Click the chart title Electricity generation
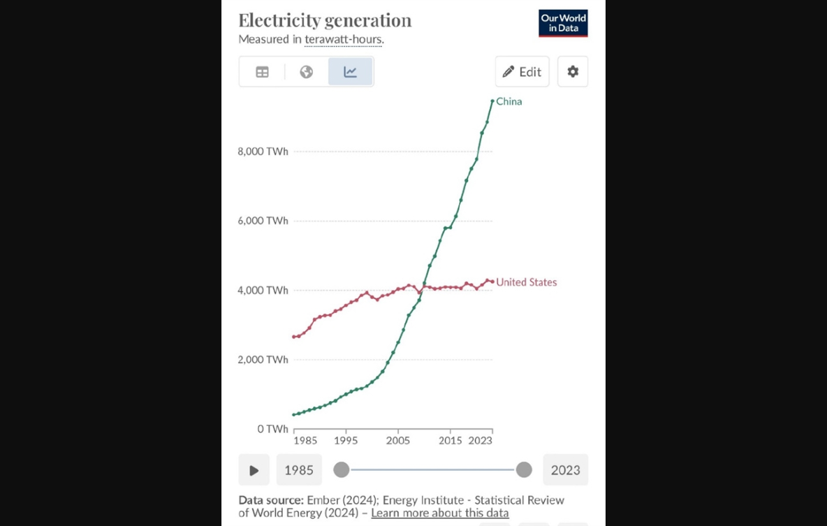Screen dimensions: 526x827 coord(325,20)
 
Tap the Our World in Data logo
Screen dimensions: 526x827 coord(563,23)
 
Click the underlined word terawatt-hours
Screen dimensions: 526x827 coord(343,40)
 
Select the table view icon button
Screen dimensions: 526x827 coord(263,72)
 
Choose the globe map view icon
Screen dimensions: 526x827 coord(307,72)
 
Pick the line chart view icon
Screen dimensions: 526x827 coord(351,72)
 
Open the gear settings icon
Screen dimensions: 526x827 coord(573,71)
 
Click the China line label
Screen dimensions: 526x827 coord(509,102)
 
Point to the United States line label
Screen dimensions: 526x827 coord(527,282)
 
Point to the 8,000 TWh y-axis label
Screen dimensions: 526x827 coord(263,152)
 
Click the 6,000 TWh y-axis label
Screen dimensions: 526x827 coord(263,221)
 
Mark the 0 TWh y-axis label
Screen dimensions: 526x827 coord(272,429)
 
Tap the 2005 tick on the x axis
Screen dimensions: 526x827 coord(398,441)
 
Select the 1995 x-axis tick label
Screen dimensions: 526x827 coord(346,441)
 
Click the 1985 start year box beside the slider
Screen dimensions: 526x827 coord(299,470)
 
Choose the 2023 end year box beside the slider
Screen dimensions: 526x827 coord(565,470)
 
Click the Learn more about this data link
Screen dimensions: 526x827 coord(440,513)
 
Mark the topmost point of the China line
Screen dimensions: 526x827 coord(492,101)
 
